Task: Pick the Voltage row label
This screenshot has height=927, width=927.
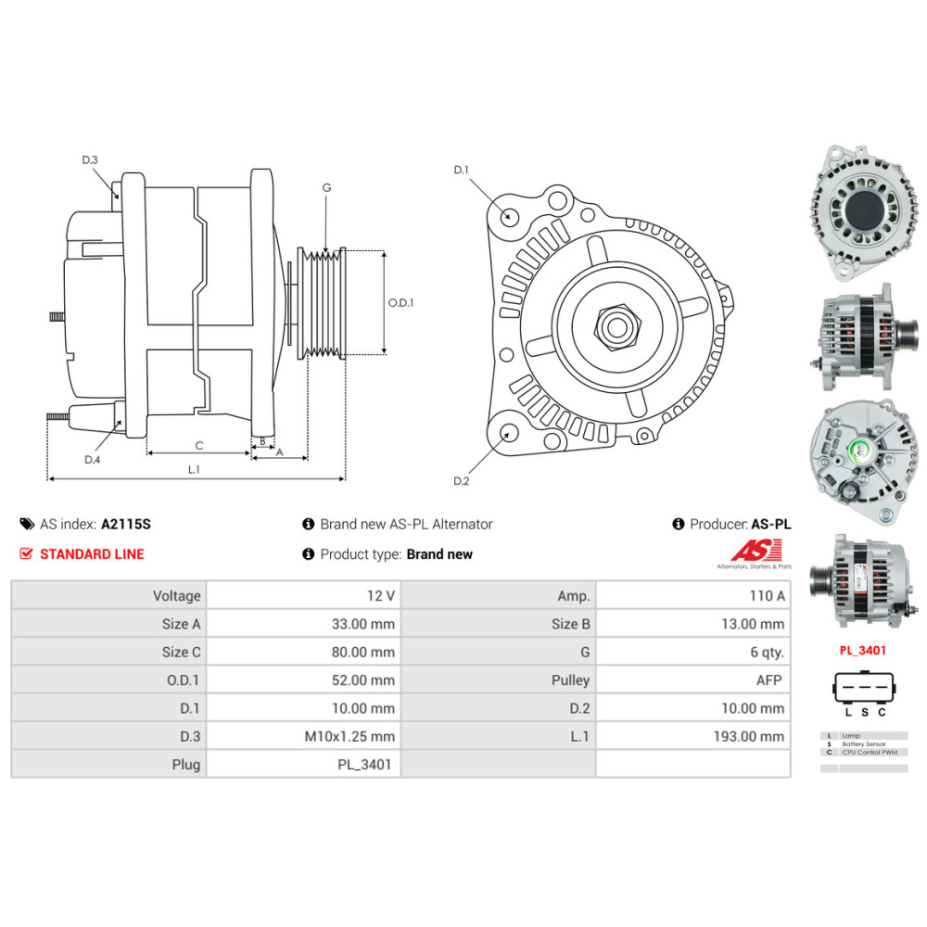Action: (176, 596)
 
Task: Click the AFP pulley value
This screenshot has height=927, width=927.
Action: (768, 680)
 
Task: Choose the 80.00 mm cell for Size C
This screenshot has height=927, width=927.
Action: (362, 653)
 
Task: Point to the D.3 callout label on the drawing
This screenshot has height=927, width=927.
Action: (90, 160)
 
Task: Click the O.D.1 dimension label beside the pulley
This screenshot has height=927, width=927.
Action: (400, 302)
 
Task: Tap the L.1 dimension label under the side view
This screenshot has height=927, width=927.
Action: (194, 470)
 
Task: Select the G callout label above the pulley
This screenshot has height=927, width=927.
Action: (326, 187)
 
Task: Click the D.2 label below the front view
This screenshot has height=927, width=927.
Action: (462, 480)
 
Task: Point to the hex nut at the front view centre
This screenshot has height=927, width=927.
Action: (613, 326)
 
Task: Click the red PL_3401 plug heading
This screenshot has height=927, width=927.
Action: (862, 651)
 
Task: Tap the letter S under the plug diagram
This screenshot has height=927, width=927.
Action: (864, 713)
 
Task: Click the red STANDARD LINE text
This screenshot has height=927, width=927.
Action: (91, 554)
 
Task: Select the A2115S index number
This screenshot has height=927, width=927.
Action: (125, 525)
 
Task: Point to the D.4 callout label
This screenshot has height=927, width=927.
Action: (92, 460)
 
